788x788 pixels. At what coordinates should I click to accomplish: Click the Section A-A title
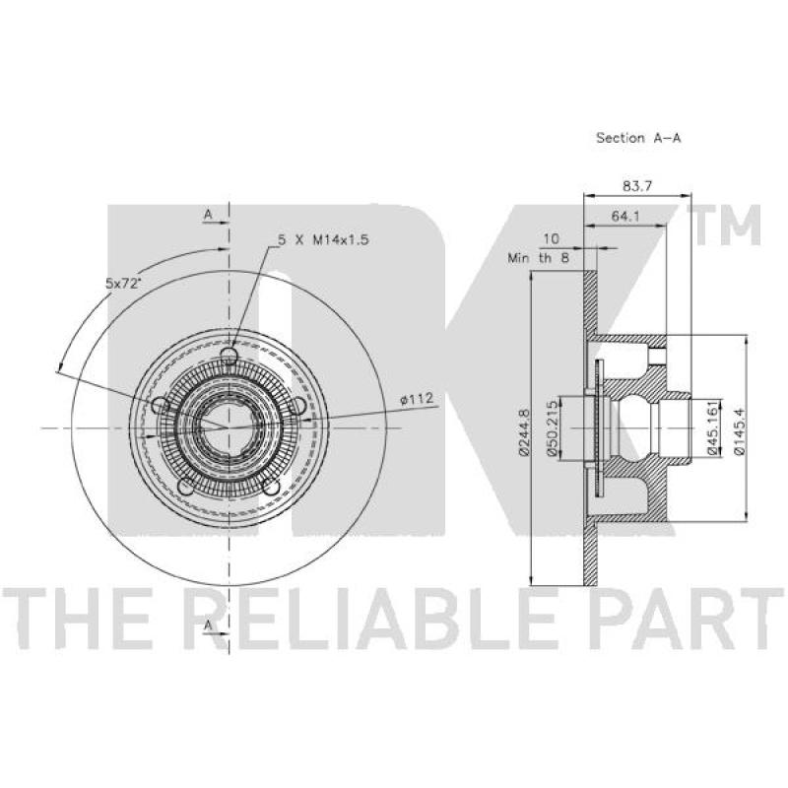click(638, 138)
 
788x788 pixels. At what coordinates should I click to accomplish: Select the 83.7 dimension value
click(637, 186)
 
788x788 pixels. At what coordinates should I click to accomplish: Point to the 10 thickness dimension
click(552, 238)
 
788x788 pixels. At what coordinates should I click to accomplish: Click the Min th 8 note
click(539, 258)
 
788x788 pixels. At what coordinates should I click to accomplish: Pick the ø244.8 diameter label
click(523, 431)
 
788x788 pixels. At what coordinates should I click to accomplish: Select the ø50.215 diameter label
click(553, 428)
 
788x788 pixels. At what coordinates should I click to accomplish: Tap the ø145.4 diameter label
click(738, 428)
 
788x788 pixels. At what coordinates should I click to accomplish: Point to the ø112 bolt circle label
click(416, 400)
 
